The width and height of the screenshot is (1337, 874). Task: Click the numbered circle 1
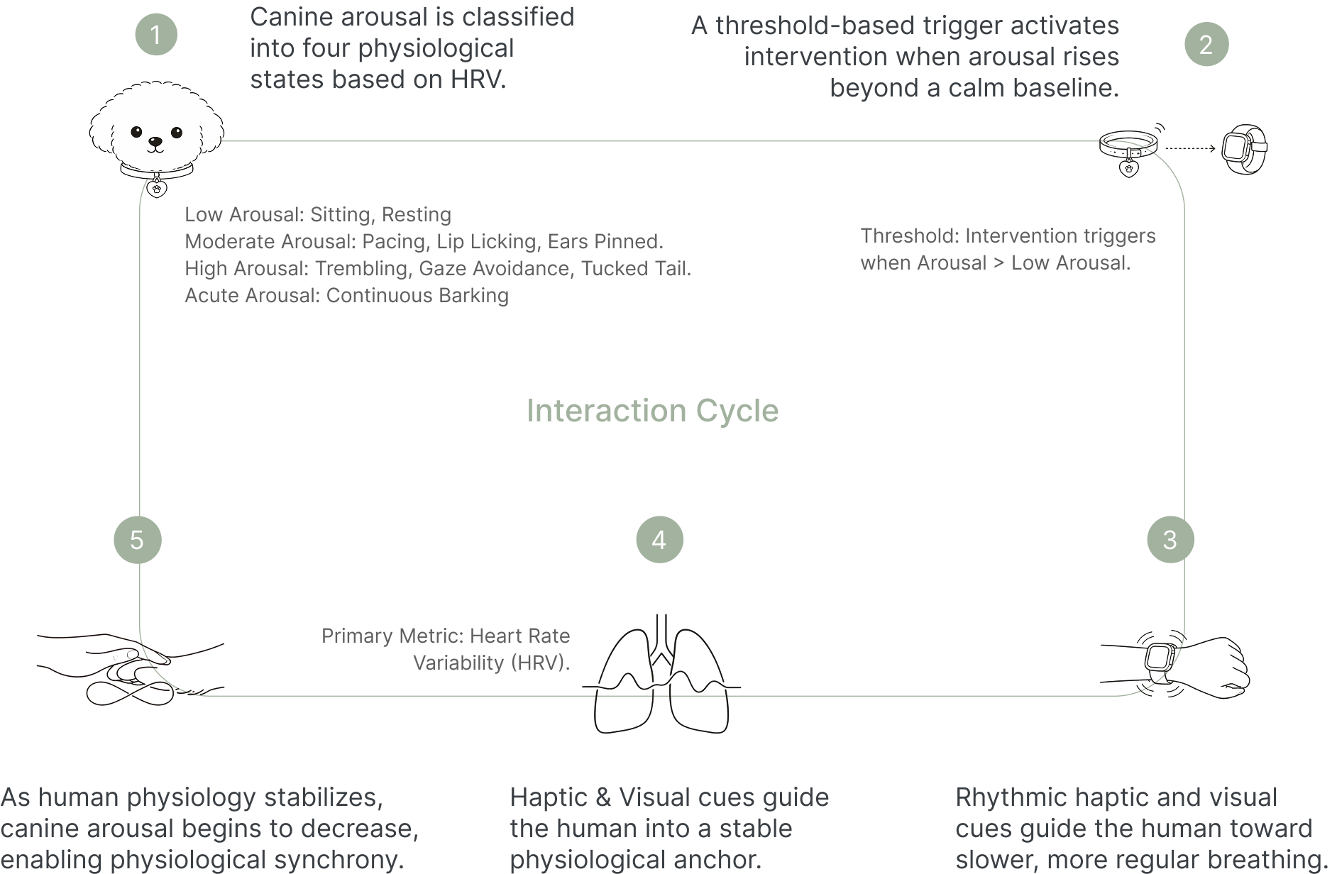pos(156,35)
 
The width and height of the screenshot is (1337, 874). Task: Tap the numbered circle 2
pos(1206,45)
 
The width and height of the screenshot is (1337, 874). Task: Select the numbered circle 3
pos(1170,540)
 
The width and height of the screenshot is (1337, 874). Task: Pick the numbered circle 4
pos(659,540)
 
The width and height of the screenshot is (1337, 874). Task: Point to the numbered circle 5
pos(138,540)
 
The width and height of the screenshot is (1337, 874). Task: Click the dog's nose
pos(155,142)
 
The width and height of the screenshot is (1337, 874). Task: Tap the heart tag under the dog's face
pos(157,189)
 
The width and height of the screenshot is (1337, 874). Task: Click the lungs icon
pos(661,677)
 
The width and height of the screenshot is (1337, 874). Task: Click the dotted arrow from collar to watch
pos(1190,148)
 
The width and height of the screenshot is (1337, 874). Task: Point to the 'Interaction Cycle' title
pos(652,411)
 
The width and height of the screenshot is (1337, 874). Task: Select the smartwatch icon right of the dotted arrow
pos(1244,149)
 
